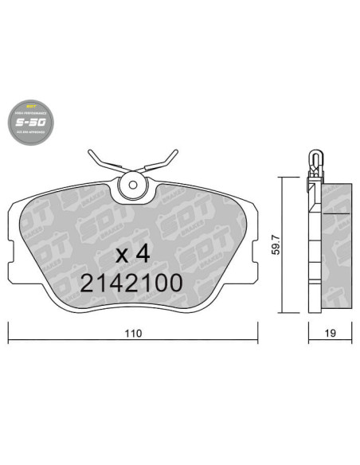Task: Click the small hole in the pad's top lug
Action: [131, 188]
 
